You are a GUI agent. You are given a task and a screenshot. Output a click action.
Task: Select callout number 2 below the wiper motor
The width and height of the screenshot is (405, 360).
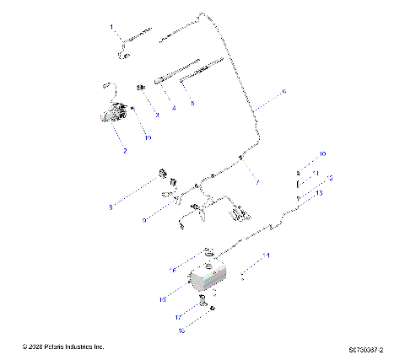click(x=125, y=151)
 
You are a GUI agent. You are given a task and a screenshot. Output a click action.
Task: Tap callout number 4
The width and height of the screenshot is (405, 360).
click(x=173, y=108)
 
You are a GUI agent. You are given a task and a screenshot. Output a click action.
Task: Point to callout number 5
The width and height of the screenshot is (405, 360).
click(x=192, y=103)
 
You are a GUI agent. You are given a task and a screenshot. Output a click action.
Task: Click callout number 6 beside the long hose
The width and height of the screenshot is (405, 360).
click(x=283, y=90)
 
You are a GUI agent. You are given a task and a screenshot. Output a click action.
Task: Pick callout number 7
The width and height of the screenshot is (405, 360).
click(x=258, y=182)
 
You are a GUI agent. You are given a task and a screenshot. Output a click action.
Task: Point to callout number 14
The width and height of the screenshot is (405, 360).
click(x=267, y=254)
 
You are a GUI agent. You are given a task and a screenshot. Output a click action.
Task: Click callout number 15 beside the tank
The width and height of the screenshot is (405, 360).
click(x=163, y=298)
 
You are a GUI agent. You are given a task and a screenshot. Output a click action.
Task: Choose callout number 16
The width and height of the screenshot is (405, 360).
click(x=173, y=270)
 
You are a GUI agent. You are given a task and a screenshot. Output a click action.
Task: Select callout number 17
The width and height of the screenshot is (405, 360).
click(x=178, y=317)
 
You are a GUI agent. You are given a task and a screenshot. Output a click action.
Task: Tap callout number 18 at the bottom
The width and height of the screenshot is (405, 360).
click(x=180, y=332)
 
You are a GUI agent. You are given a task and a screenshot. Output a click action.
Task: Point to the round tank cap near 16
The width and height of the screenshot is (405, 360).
click(x=208, y=253)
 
